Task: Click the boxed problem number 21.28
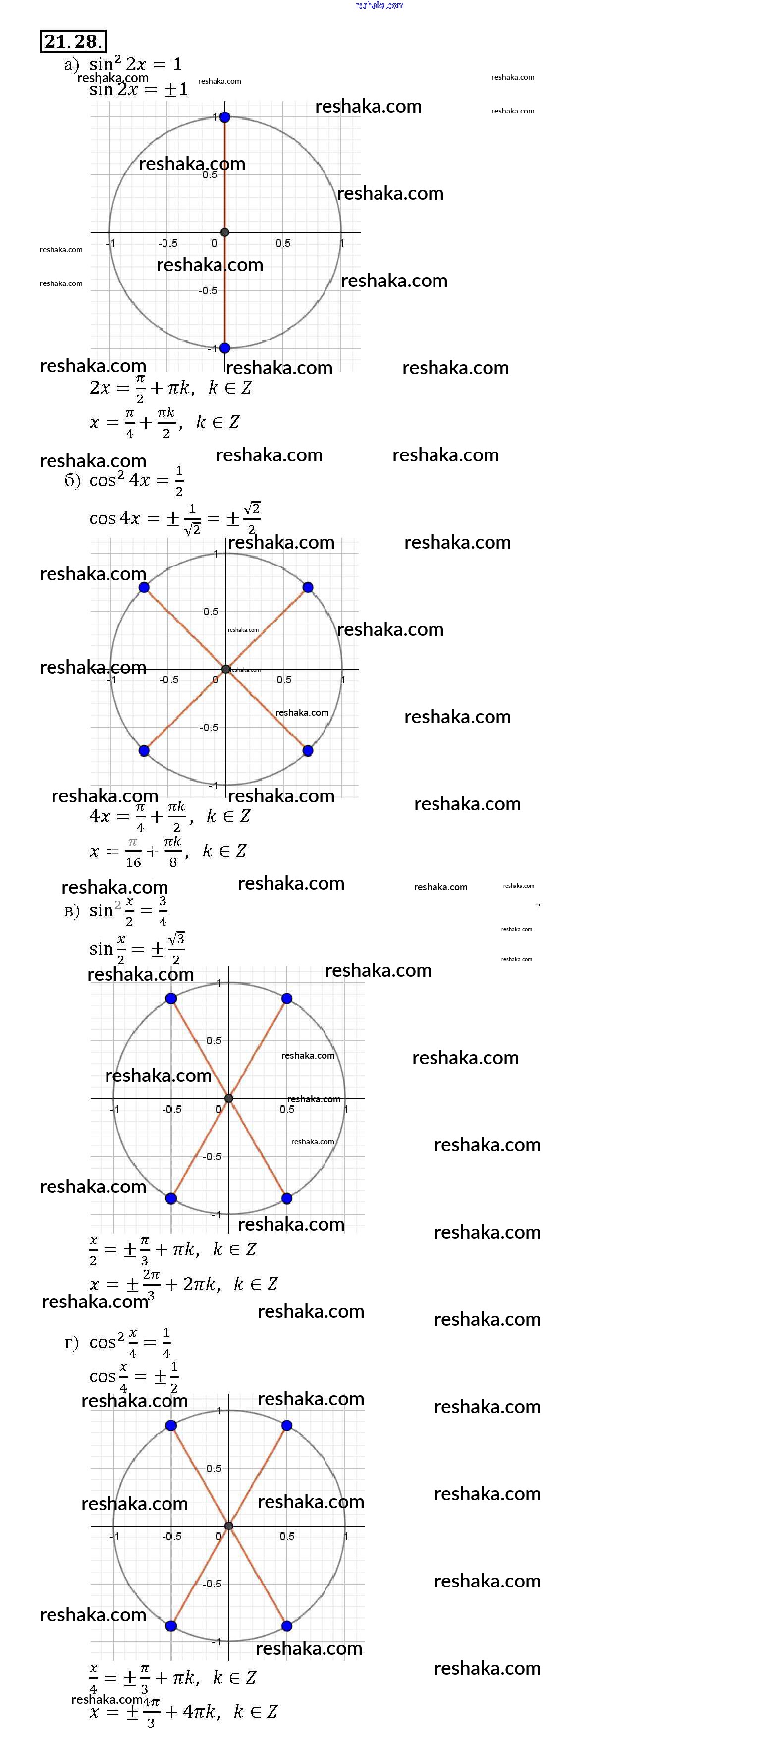point(72,42)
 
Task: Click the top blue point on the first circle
point(225,117)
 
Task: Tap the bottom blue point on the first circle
point(225,347)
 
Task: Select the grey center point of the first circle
point(225,232)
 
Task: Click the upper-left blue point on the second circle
point(144,588)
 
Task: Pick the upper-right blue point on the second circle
point(308,588)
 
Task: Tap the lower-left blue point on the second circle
point(144,750)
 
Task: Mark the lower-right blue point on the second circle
point(308,750)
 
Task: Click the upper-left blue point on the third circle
point(171,998)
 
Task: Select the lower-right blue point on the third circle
point(287,1198)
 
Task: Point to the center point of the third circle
point(229,1098)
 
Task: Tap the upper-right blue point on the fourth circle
point(287,1425)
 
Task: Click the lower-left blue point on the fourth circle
point(171,1626)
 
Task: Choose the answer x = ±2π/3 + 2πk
point(184,1284)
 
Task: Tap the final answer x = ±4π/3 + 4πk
point(184,1712)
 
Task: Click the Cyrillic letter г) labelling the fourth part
point(71,1343)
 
